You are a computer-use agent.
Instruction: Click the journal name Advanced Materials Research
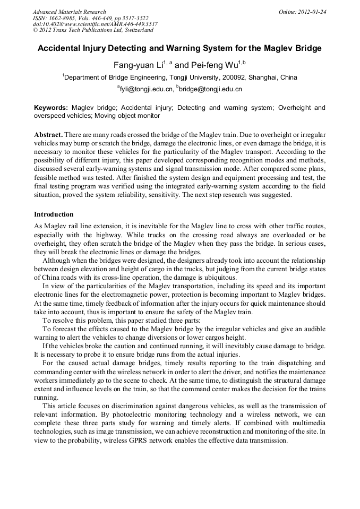(69, 12)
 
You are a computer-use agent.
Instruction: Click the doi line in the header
(95, 24)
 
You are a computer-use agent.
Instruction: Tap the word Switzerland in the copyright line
(136, 30)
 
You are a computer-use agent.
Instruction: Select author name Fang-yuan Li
(137, 65)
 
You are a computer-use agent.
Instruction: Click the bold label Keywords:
(51, 108)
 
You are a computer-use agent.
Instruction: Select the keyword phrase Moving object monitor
(126, 115)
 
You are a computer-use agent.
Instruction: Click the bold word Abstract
(48, 135)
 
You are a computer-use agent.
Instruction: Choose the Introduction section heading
(54, 214)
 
